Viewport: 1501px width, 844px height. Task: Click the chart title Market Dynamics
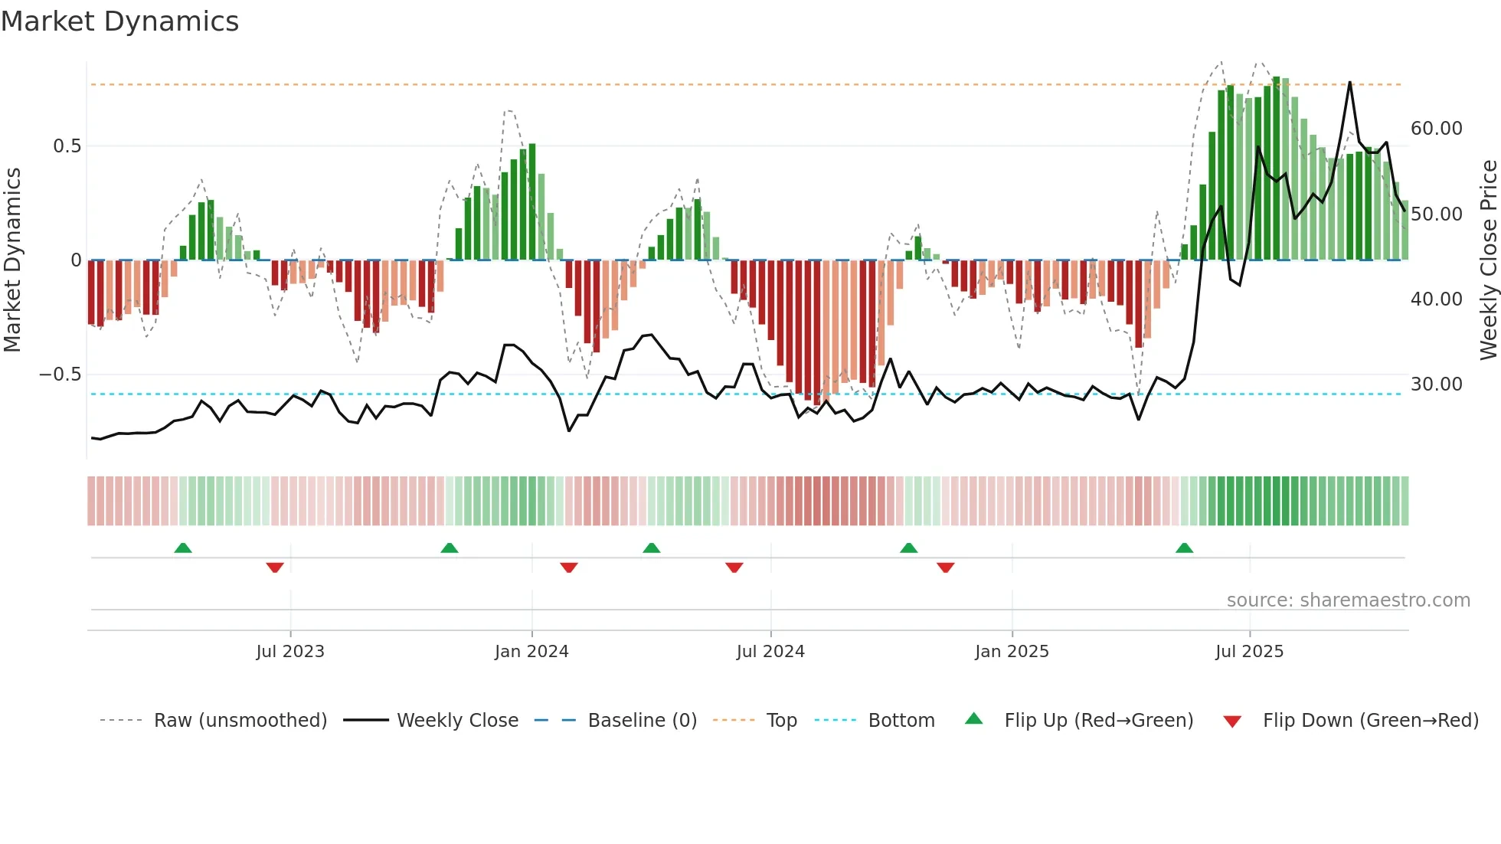(119, 21)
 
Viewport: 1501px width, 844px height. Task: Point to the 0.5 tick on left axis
(67, 146)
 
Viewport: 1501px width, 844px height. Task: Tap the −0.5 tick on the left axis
(60, 375)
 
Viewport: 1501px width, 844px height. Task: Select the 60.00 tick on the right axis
(1436, 129)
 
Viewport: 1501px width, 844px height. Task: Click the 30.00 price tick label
(1436, 384)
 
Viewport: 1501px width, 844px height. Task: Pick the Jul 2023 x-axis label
(290, 652)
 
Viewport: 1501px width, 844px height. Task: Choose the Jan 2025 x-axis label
(1012, 652)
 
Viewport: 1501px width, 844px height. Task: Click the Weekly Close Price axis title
(1488, 260)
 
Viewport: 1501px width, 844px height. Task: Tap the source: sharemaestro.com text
(1348, 600)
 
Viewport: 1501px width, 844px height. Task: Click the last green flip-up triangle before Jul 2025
(1184, 548)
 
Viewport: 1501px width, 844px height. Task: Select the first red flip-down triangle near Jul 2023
(275, 568)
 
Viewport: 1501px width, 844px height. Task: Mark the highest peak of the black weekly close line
(1349, 83)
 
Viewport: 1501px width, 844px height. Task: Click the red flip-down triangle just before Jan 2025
(945, 568)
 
